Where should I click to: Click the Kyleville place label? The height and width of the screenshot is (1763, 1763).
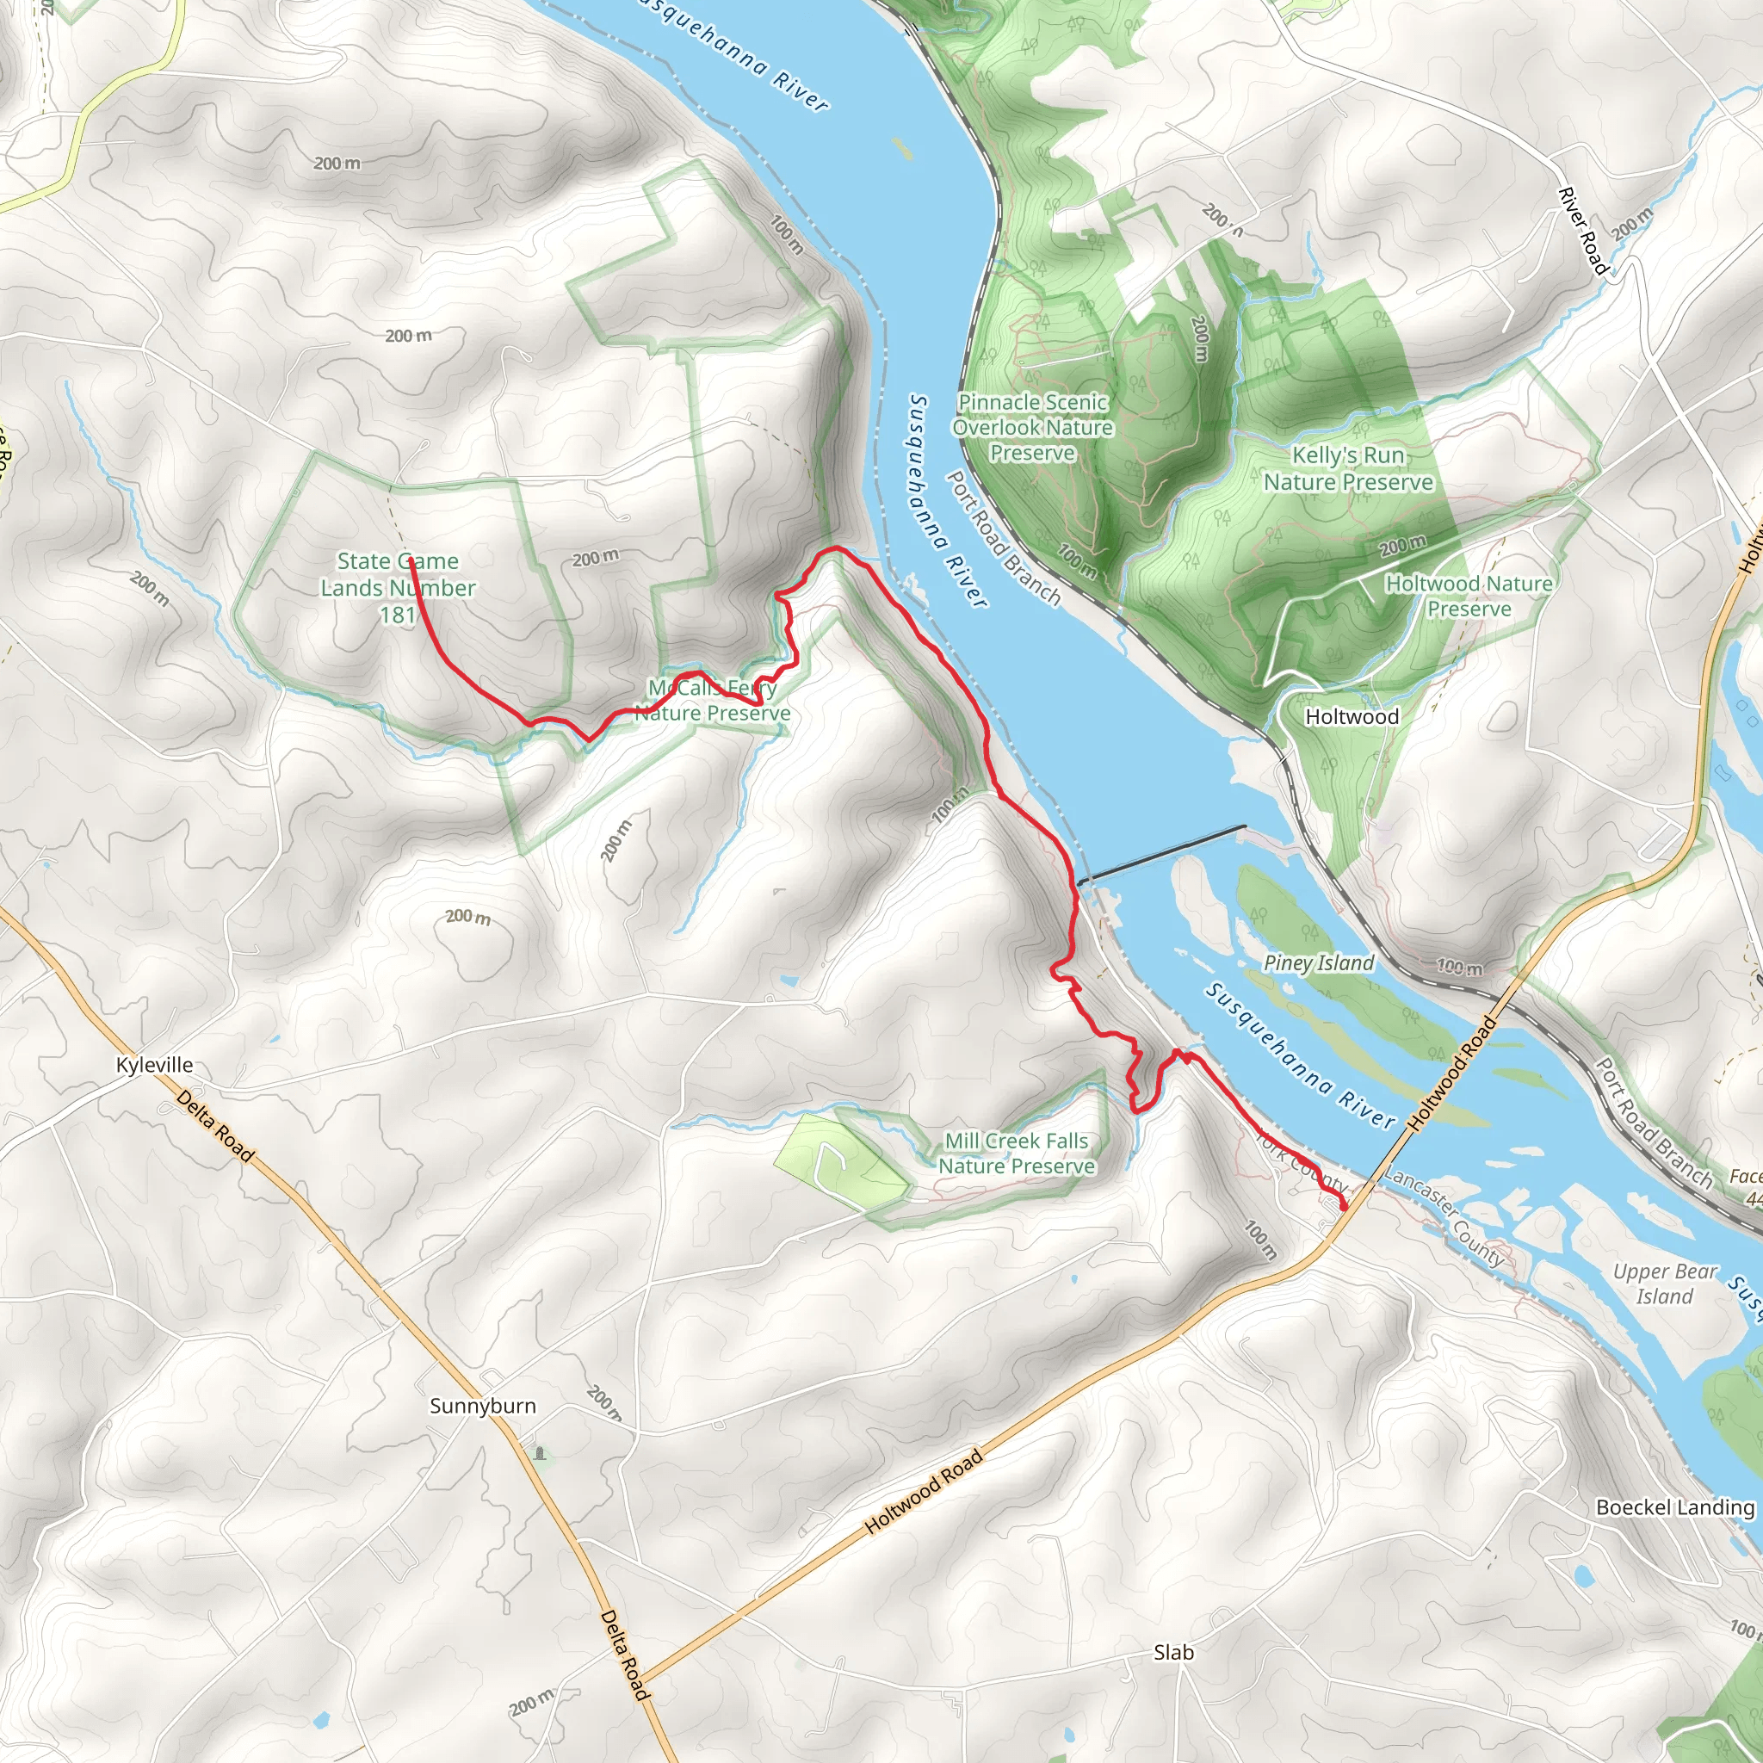pyautogui.click(x=154, y=1065)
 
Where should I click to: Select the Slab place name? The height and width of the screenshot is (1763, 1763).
pyautogui.click(x=1173, y=1653)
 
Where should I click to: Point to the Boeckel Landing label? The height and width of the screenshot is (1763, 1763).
pyautogui.click(x=1674, y=1506)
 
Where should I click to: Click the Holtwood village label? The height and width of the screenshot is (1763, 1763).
pyautogui.click(x=1352, y=716)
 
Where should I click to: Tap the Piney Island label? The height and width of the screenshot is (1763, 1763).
pyautogui.click(x=1319, y=962)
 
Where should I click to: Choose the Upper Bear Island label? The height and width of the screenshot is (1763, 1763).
pyautogui.click(x=1665, y=1284)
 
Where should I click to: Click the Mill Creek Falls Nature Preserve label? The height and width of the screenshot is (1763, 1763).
pyautogui.click(x=1017, y=1154)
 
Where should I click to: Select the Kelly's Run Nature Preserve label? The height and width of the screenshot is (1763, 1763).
pyautogui.click(x=1348, y=468)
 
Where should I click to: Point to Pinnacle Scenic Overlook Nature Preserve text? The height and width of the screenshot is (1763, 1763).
pyautogui.click(x=1032, y=427)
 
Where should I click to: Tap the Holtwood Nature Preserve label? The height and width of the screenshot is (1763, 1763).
pyautogui.click(x=1469, y=595)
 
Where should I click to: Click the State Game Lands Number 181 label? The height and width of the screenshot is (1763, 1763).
pyautogui.click(x=398, y=588)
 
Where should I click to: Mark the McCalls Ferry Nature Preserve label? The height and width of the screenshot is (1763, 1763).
pyautogui.click(x=713, y=700)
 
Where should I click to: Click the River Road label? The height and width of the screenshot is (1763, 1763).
pyautogui.click(x=1582, y=231)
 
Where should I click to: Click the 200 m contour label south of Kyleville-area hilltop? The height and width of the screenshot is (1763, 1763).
pyautogui.click(x=468, y=916)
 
